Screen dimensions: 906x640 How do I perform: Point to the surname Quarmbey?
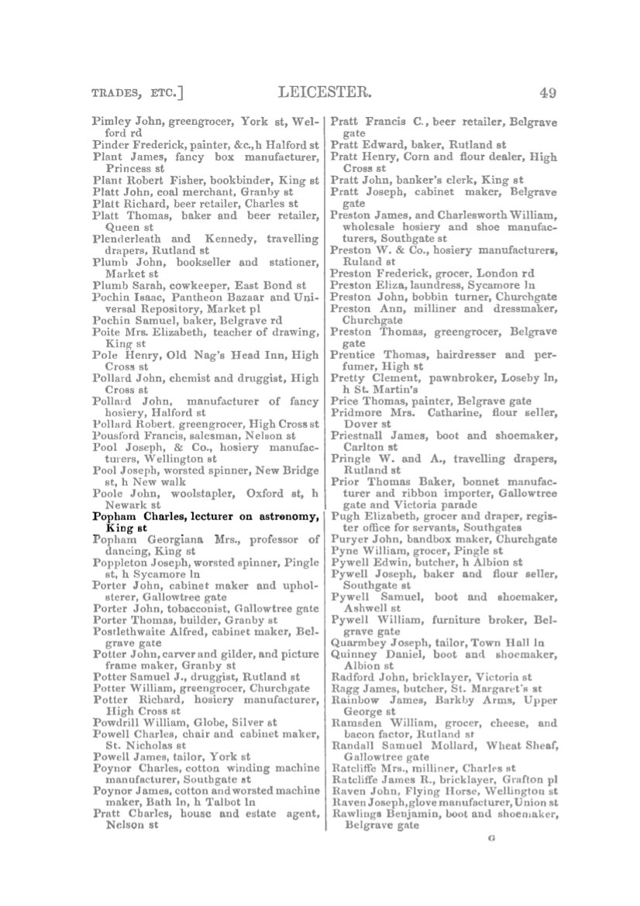(358, 642)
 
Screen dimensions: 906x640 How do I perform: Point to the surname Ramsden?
(356, 723)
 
